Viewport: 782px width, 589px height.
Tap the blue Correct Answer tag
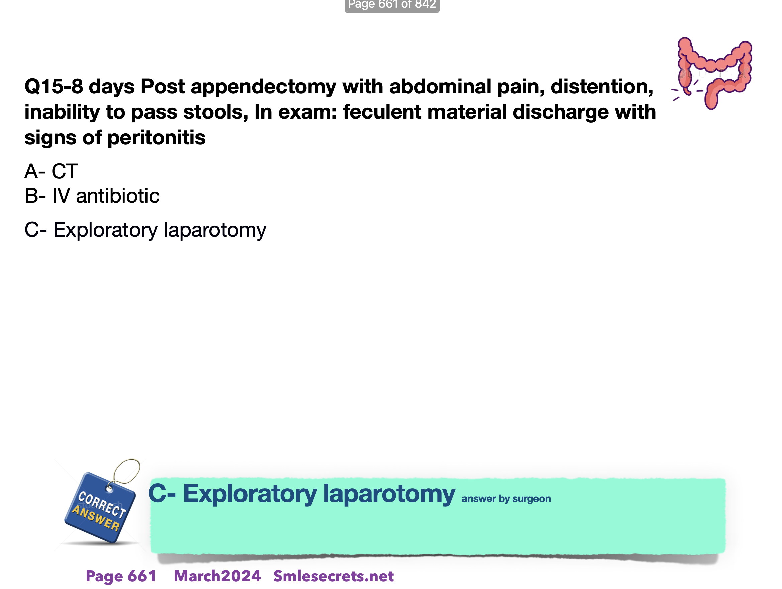[x=100, y=508]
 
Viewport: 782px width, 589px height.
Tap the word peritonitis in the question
[x=156, y=138]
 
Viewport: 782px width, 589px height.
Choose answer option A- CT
[x=51, y=171]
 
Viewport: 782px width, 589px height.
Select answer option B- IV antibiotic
[x=92, y=196]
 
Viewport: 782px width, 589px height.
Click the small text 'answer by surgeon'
[x=506, y=499]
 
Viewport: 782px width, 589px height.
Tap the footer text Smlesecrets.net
[x=333, y=576]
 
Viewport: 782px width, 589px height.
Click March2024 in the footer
[x=217, y=576]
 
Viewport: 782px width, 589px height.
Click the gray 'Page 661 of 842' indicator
[x=392, y=5]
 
